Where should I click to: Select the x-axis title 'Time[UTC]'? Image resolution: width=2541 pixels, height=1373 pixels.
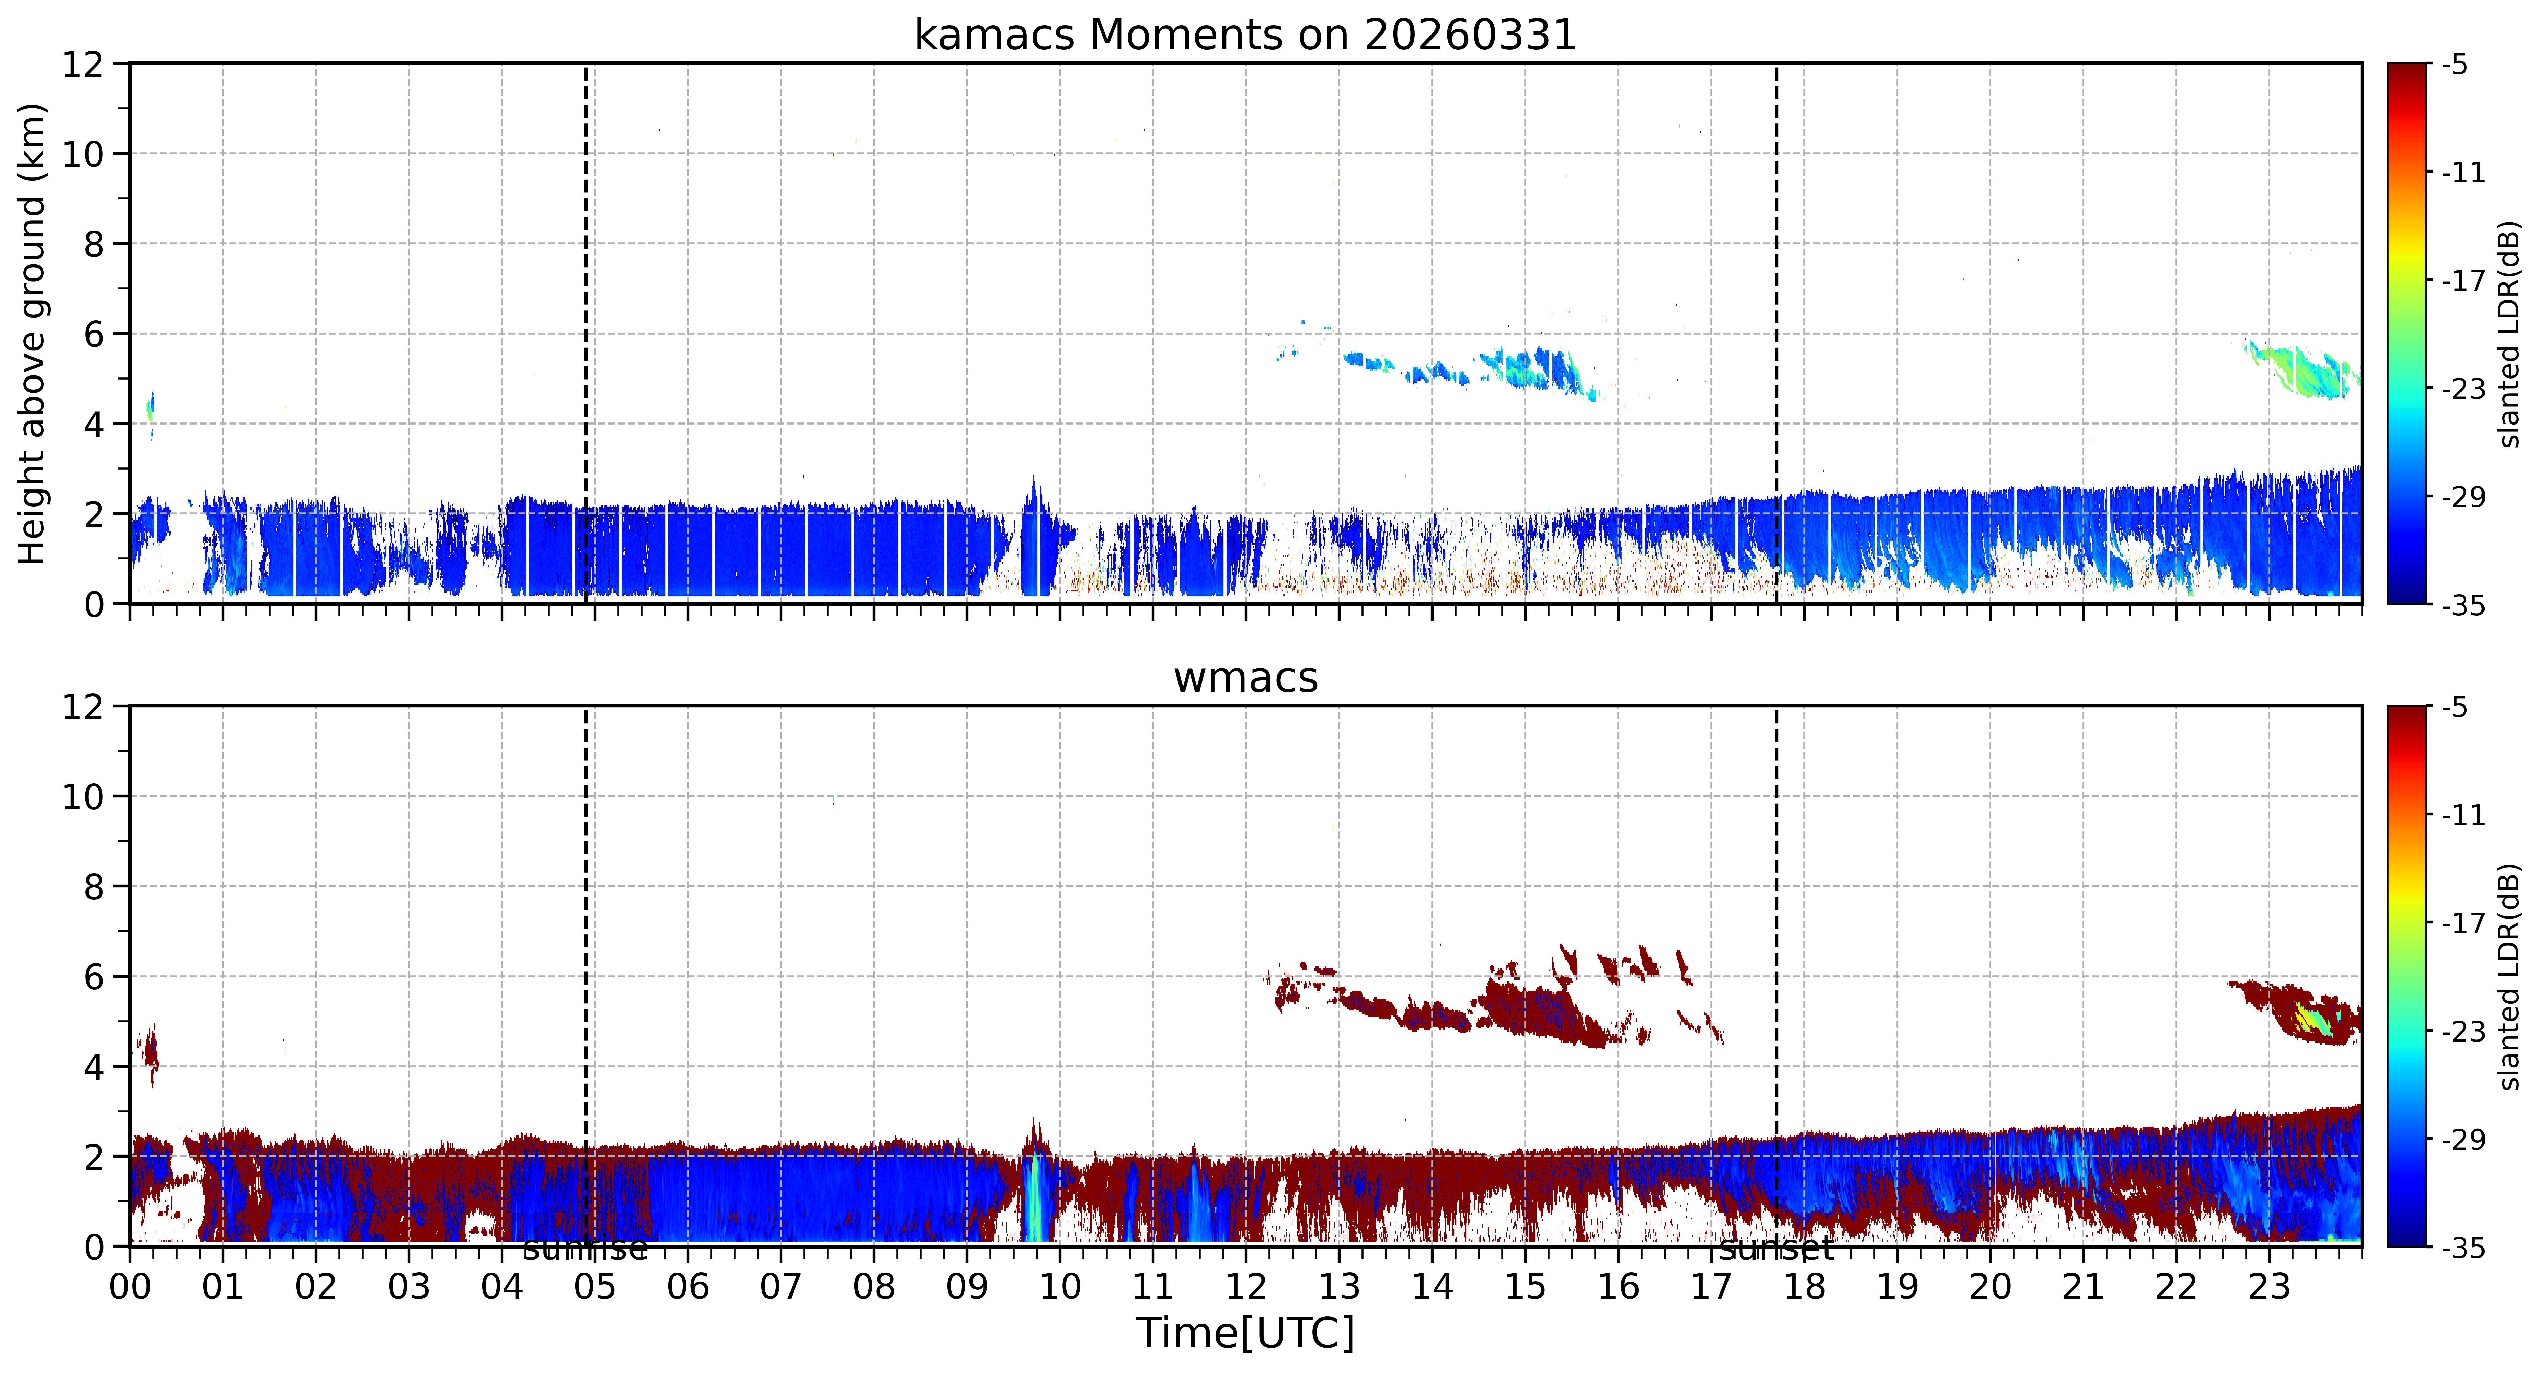[1245, 1332]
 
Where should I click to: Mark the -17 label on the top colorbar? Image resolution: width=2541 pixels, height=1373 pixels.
[2463, 281]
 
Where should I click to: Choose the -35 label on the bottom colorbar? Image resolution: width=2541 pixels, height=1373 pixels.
[2463, 1248]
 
